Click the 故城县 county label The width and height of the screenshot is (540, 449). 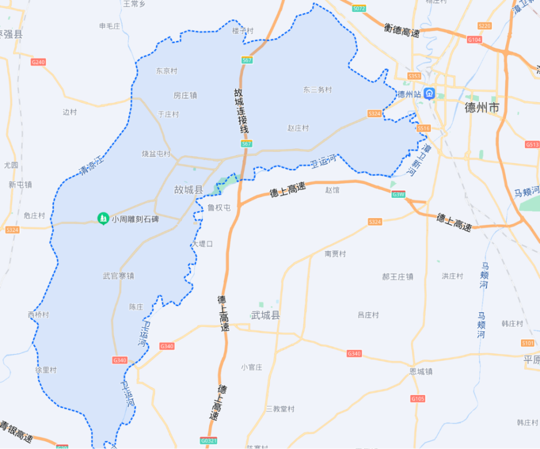click(188, 190)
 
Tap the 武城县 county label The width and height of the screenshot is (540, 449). click(266, 315)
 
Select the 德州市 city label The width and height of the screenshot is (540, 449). click(482, 108)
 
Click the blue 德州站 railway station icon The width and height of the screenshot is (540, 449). click(429, 93)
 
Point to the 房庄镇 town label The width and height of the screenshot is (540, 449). click(185, 95)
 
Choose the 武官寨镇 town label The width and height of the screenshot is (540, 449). click(118, 276)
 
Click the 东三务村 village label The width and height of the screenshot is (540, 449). click(317, 90)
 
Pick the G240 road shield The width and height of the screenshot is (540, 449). click(38, 62)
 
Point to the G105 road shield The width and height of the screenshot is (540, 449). click(417, 399)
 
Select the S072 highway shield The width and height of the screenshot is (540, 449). click(359, 9)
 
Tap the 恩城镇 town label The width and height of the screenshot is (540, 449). click(421, 372)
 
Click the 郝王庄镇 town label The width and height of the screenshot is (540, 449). click(397, 277)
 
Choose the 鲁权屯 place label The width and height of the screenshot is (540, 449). click(219, 207)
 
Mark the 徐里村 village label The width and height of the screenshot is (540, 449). click(46, 370)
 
